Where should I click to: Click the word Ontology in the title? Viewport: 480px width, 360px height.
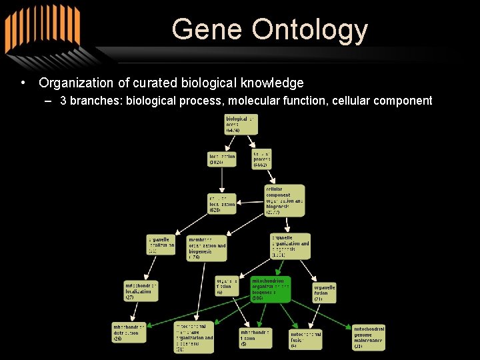pyautogui.click(x=310, y=30)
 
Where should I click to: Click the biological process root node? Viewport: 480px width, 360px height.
pyautogui.click(x=240, y=124)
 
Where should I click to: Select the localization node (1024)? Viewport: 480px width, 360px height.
pyautogui.click(x=222, y=159)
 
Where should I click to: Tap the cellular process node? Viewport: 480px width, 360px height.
pyautogui.click(x=262, y=159)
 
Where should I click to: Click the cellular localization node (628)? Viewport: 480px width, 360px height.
pyautogui.click(x=222, y=204)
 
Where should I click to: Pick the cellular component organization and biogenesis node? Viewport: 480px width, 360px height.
pyautogui.click(x=284, y=201)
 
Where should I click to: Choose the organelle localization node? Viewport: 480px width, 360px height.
pyautogui.click(x=161, y=244)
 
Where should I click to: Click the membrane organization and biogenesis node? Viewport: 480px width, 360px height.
pyautogui.click(x=207, y=247)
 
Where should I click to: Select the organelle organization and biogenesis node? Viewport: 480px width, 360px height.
pyautogui.click(x=290, y=246)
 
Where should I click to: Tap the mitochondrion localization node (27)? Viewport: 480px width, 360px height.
pyautogui.click(x=141, y=291)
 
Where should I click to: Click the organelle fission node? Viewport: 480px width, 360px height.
pyautogui.click(x=226, y=286)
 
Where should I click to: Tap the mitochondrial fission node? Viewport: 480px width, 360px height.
pyautogui.click(x=256, y=337)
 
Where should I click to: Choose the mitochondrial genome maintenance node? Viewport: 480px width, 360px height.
pyautogui.click(x=369, y=337)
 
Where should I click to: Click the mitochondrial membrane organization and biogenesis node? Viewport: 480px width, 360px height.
pyautogui.click(x=194, y=337)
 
